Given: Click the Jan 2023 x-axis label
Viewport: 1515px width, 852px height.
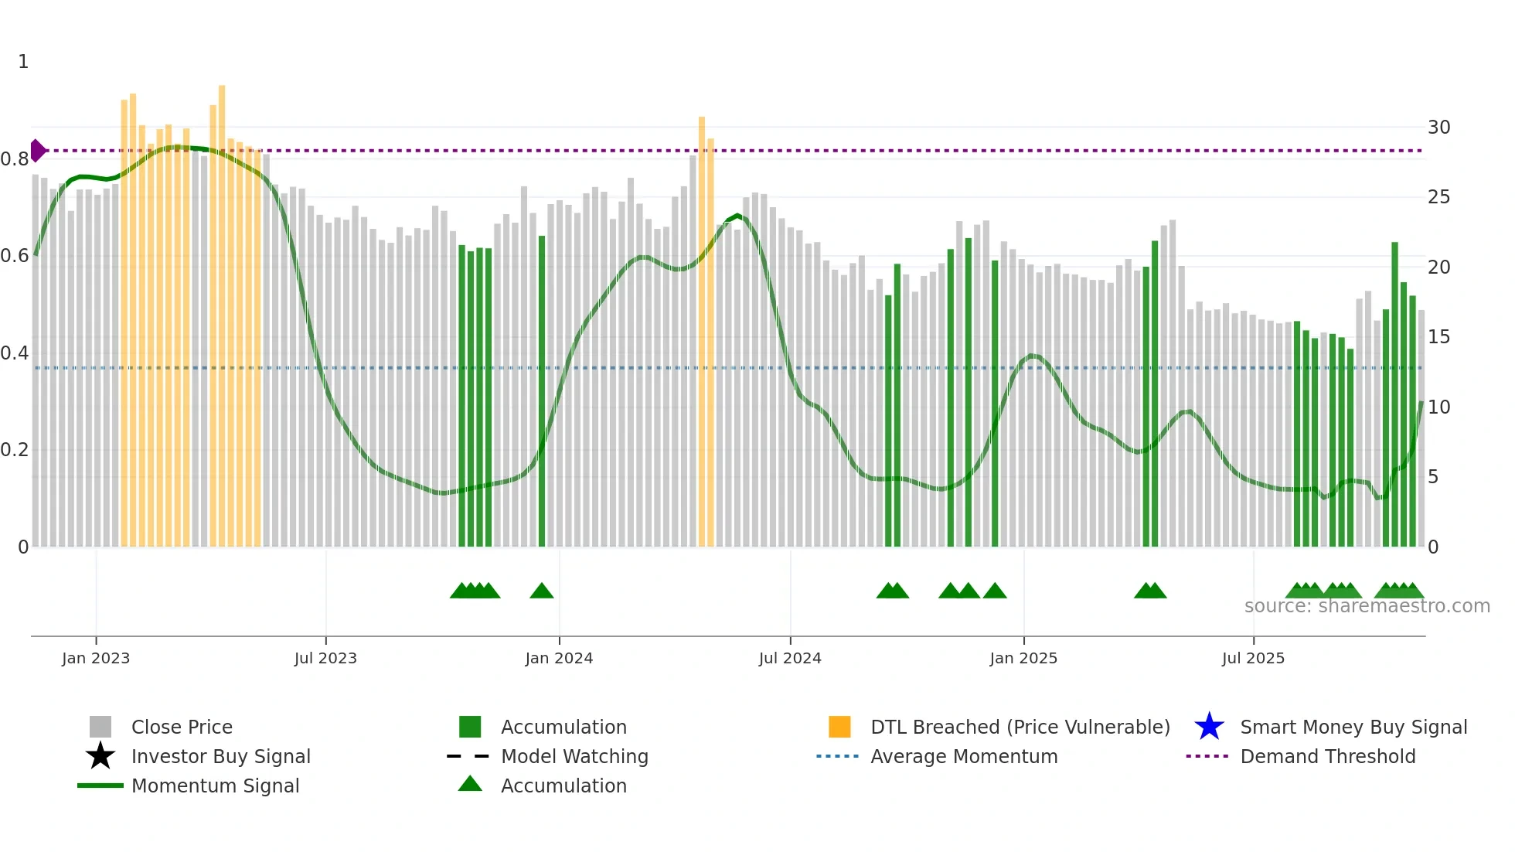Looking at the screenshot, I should pyautogui.click(x=96, y=658).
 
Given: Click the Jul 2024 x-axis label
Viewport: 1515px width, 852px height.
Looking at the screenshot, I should pyautogui.click(x=790, y=658).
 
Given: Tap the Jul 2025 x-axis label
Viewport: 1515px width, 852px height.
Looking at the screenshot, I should pyautogui.click(x=1253, y=658).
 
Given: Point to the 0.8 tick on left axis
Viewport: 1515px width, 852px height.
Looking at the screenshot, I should pyautogui.click(x=15, y=159).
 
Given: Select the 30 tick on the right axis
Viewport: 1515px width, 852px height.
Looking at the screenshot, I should pyautogui.click(x=1438, y=128).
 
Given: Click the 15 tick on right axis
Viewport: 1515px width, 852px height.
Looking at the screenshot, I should pyautogui.click(x=1438, y=337).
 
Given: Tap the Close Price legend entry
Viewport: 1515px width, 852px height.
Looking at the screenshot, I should pyautogui.click(x=182, y=727).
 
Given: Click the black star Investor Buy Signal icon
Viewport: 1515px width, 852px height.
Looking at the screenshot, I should pyautogui.click(x=100, y=756).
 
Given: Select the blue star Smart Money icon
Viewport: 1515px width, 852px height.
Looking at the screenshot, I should pyautogui.click(x=1209, y=727).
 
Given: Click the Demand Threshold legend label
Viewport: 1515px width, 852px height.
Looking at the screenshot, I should pyautogui.click(x=1327, y=756).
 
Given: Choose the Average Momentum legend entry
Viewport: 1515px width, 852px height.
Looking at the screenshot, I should pyautogui.click(x=963, y=756).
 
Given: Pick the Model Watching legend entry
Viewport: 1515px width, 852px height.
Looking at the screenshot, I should pyautogui.click(x=574, y=756).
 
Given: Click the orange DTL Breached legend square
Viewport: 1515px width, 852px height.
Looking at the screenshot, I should pyautogui.click(x=839, y=727).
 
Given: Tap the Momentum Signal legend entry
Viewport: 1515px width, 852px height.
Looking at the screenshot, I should pyautogui.click(x=215, y=786).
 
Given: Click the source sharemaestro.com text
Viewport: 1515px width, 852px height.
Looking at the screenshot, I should pyautogui.click(x=1367, y=606).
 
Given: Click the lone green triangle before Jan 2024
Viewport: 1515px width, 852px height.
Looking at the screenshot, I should pyautogui.click(x=542, y=591).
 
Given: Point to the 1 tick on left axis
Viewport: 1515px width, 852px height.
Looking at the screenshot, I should pyautogui.click(x=23, y=62).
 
